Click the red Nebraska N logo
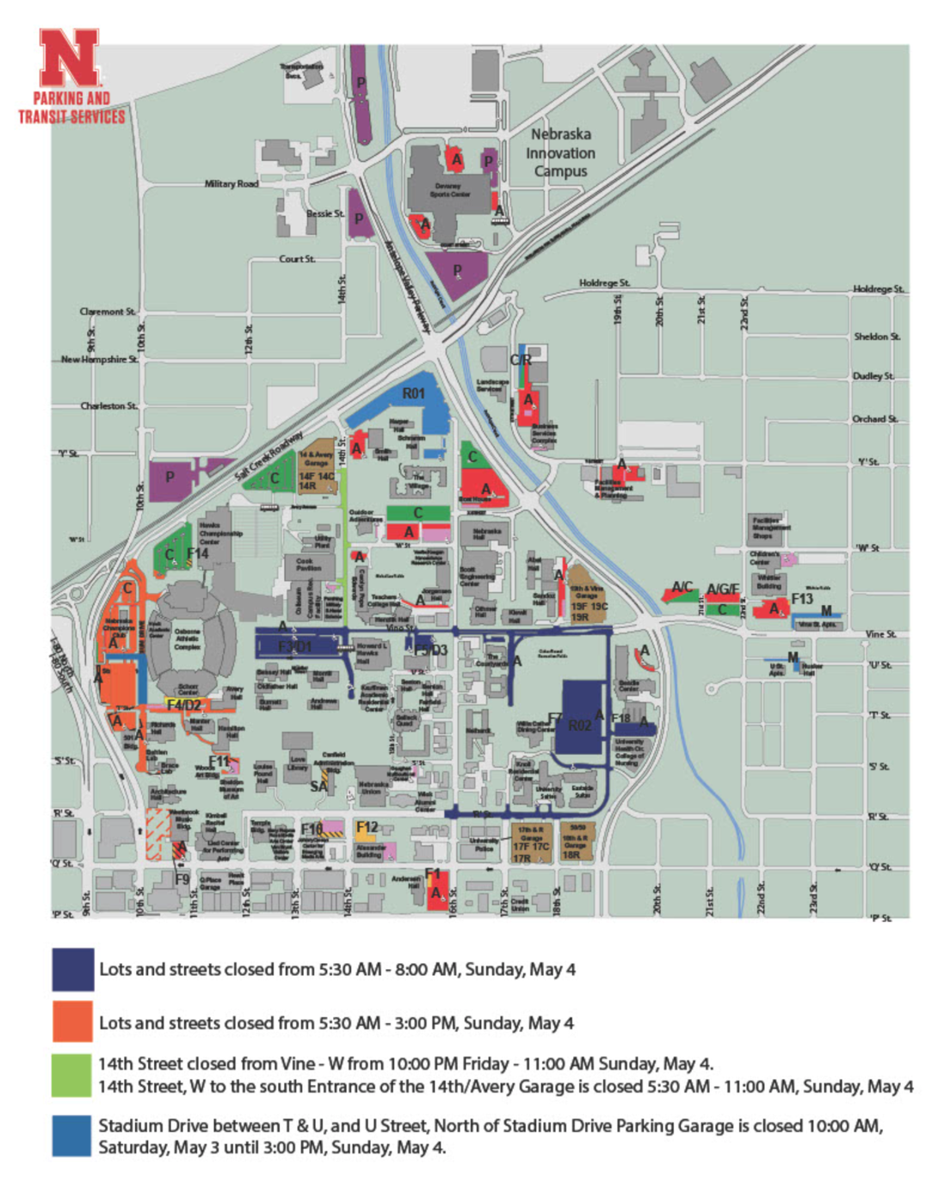point(69,58)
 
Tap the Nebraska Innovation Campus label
point(560,152)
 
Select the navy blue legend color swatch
point(72,969)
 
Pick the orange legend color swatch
point(72,1022)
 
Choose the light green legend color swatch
point(72,1075)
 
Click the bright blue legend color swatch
point(72,1136)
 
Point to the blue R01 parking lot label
point(414,393)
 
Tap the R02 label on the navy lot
point(579,726)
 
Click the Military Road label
point(231,183)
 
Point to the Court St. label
point(297,258)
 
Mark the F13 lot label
point(802,598)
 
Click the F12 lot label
point(367,827)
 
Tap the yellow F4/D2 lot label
point(184,705)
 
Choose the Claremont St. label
point(107,312)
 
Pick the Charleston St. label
point(108,405)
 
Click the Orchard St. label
point(874,419)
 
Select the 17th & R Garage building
point(531,843)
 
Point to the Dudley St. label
point(873,376)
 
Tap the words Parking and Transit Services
point(72,108)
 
